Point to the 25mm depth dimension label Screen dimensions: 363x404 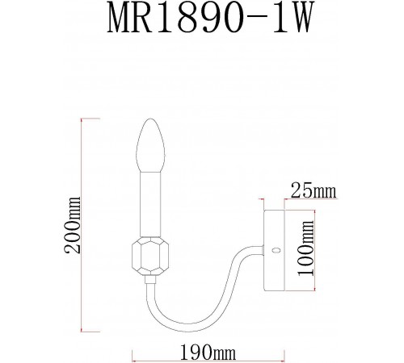pyautogui.click(x=312, y=191)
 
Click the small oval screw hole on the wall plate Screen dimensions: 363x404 pyautogui.click(x=275, y=251)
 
